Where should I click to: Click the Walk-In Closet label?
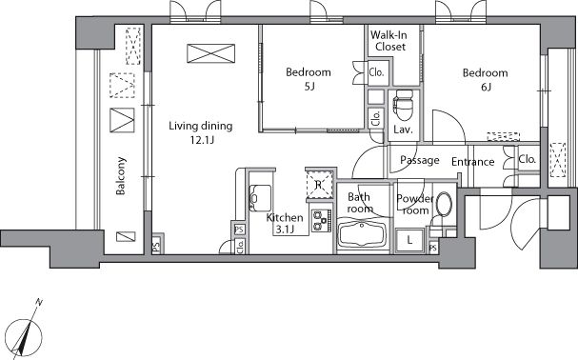coord(389,41)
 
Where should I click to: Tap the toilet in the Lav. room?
coord(403,105)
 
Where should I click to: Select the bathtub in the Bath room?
coord(362,232)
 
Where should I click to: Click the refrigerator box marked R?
coord(319,185)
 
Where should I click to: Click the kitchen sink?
coord(260,198)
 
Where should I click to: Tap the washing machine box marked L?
coord(409,241)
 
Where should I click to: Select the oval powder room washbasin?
coord(444,204)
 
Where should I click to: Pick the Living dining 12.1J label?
coord(201,132)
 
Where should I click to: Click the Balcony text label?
coord(121,176)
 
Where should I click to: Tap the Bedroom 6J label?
coord(485,79)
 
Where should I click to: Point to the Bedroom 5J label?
coord(309,78)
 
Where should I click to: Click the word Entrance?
coord(473,162)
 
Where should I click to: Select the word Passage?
coord(420,160)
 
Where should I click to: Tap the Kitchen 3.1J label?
coord(285,223)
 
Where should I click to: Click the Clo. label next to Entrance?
coord(527,159)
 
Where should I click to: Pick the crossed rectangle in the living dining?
coord(210,53)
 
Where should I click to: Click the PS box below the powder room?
coord(433,248)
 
